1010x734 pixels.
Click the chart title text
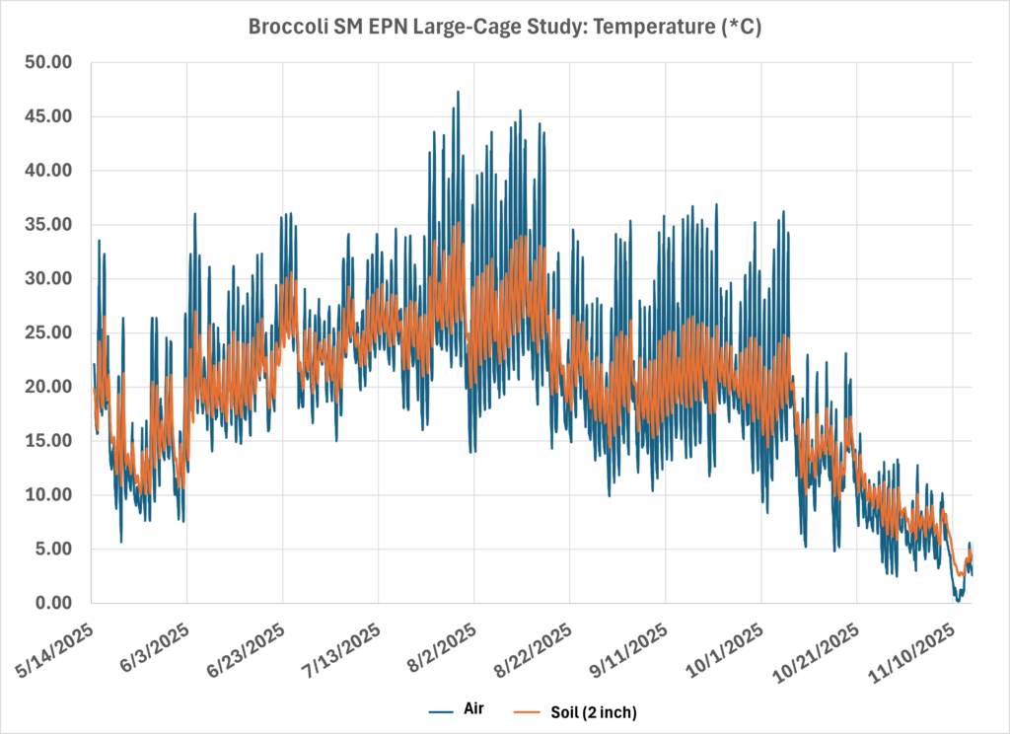(505, 29)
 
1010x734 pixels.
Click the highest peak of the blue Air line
(458, 92)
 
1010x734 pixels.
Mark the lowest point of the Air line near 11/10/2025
(957, 600)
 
